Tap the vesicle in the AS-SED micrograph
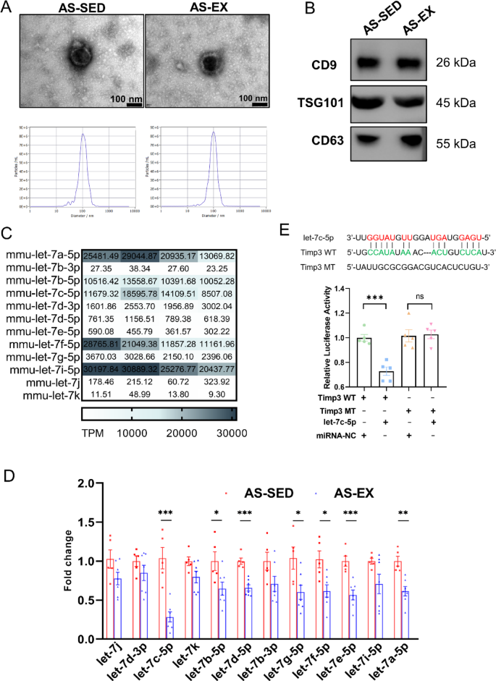77,55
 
